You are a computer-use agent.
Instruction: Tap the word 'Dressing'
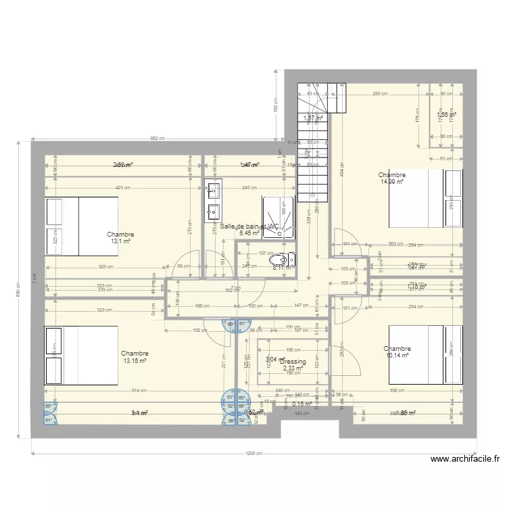293,362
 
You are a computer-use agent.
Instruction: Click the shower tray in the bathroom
279,217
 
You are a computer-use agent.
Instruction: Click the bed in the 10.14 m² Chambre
426,354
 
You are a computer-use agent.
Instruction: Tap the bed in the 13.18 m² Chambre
81,355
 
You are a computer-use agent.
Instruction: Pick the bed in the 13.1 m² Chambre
81,226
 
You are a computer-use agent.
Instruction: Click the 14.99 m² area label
392,181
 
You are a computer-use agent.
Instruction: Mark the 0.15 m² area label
301,405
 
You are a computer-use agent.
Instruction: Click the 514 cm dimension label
139,390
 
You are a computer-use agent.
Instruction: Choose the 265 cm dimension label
379,94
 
